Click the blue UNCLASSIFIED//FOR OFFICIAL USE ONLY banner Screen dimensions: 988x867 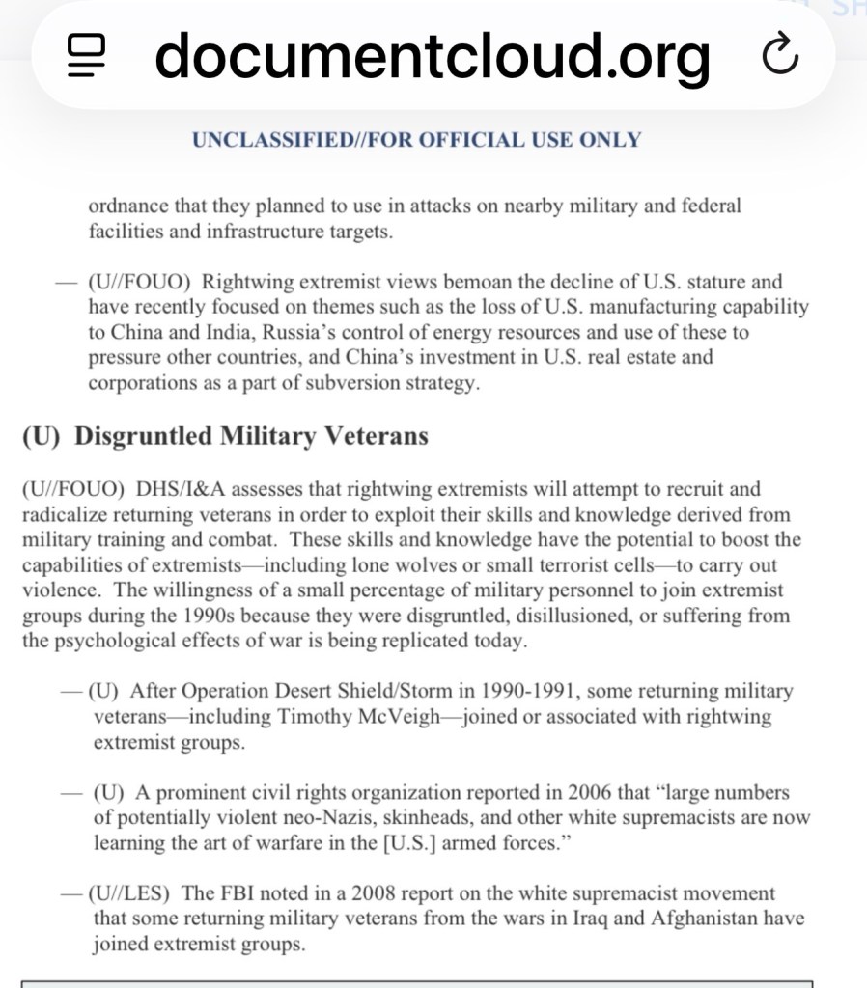click(416, 140)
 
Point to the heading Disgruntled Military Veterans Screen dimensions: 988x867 click(251, 436)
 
